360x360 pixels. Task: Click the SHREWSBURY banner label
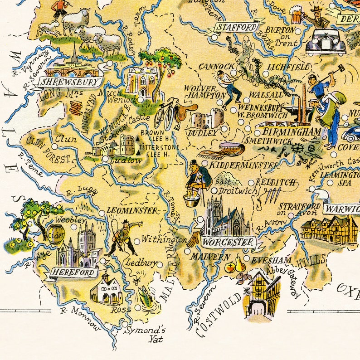pyautogui.click(x=69, y=82)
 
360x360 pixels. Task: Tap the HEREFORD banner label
pyautogui.click(x=74, y=272)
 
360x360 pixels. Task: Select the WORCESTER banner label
pyautogui.click(x=228, y=242)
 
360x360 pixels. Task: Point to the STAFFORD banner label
pyautogui.click(x=235, y=27)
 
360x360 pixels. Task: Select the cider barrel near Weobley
pyautogui.click(x=57, y=234)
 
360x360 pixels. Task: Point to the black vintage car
pyautogui.click(x=325, y=42)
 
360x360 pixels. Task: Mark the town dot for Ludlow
pyautogui.click(x=105, y=159)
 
